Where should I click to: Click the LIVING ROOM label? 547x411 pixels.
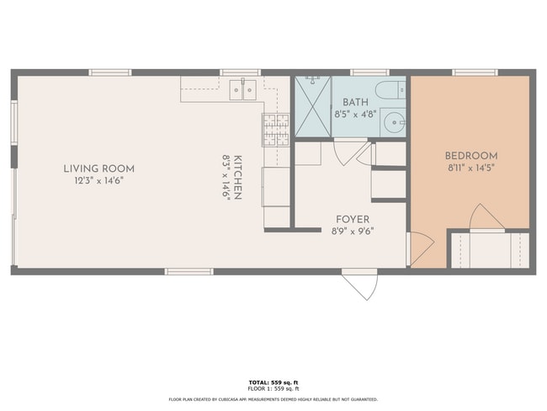[x=98, y=168]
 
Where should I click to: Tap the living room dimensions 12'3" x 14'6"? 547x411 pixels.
[x=98, y=180]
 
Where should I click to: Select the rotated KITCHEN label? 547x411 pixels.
[x=238, y=177]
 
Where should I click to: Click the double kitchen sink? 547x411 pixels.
[x=243, y=88]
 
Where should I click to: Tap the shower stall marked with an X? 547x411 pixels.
[x=312, y=107]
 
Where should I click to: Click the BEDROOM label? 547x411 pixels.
[x=470, y=156]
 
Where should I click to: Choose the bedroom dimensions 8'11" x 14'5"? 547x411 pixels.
[x=470, y=168]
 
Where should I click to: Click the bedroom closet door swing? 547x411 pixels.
[x=486, y=217]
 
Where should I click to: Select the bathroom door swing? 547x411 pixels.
[x=347, y=152]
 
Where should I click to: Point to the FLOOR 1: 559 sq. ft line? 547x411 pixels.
[x=273, y=389]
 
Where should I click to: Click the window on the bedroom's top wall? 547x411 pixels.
[x=474, y=72]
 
